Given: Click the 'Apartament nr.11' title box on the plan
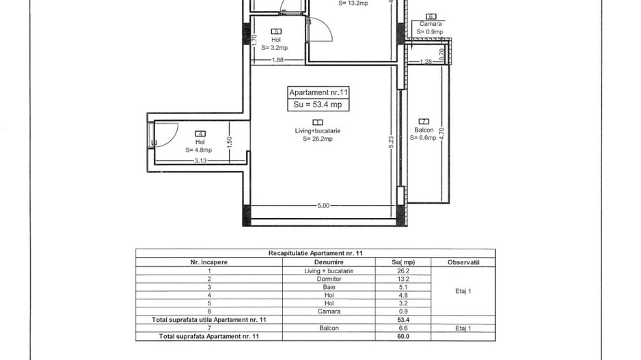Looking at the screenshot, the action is [318, 93].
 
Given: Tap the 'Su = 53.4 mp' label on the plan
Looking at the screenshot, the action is [318, 105].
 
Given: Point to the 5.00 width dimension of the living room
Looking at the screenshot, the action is [323, 206].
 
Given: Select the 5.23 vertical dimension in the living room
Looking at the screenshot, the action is [391, 142].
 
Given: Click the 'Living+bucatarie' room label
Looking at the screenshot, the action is [318, 130].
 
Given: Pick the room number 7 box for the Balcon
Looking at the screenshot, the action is [424, 122].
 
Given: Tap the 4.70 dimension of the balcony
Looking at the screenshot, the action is [441, 134].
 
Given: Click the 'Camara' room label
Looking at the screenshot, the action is [431, 24].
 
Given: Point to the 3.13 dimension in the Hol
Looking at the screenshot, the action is [200, 161].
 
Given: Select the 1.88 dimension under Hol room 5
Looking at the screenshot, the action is [277, 60].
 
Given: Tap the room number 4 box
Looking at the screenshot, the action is [200, 134].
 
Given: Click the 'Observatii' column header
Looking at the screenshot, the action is [463, 262].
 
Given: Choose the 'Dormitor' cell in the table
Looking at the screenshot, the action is [329, 279].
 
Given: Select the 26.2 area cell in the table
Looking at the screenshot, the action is [403, 271].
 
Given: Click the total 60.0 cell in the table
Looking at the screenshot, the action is [403, 336].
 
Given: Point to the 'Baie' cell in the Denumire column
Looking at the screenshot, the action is [329, 288].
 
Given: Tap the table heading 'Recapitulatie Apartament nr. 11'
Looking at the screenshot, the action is [316, 253].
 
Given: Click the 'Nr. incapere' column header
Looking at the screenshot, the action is [209, 262].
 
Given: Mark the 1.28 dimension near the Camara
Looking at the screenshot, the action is [426, 61].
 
